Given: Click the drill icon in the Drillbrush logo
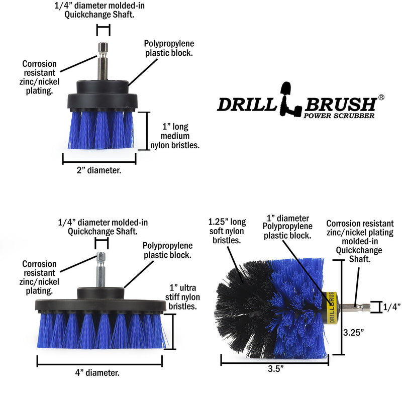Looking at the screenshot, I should [x=291, y=98].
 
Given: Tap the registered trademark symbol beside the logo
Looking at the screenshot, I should [x=381, y=97].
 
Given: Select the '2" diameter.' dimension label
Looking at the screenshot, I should [x=99, y=170].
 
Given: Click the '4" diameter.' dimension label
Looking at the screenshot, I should [x=99, y=373].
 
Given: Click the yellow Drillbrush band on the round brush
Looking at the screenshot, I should [x=332, y=306].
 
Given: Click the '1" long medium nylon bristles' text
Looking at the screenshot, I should [x=175, y=136].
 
